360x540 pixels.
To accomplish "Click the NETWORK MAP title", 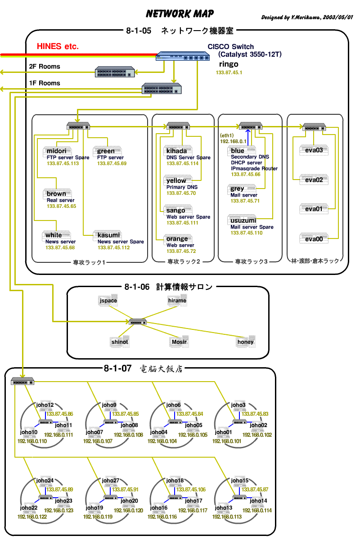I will coord(180,14).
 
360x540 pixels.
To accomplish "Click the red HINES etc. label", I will coord(58,46).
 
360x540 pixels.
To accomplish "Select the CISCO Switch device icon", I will coord(183,56).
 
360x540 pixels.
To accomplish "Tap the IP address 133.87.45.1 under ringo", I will coord(229,73).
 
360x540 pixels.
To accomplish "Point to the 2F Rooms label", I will coord(45,67).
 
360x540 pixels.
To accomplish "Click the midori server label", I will coord(56,151).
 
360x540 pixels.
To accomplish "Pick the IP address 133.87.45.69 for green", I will coord(112,163).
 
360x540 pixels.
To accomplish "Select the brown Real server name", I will coord(56,194).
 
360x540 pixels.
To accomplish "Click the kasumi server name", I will coord(108,235).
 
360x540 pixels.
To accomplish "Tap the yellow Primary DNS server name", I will coord(176,180).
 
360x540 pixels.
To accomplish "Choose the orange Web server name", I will coord(177,239).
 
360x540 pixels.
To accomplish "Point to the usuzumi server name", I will coord(243,220).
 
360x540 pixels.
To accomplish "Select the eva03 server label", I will coord(314,150).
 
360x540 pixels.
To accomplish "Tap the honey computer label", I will coord(246,342).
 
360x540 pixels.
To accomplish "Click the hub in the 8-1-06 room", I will coord(137,322).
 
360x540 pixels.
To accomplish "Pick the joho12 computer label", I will coord(45,405).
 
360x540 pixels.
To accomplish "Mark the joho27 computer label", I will coord(110,481).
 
